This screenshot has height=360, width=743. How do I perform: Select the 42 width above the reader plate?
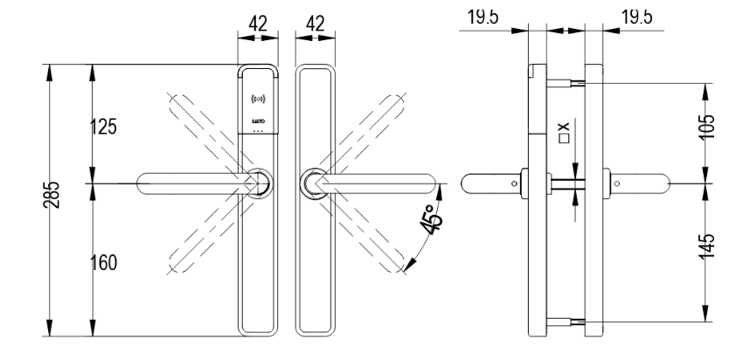coord(258,26)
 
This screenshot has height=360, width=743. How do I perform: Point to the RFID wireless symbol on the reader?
coord(259,98)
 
